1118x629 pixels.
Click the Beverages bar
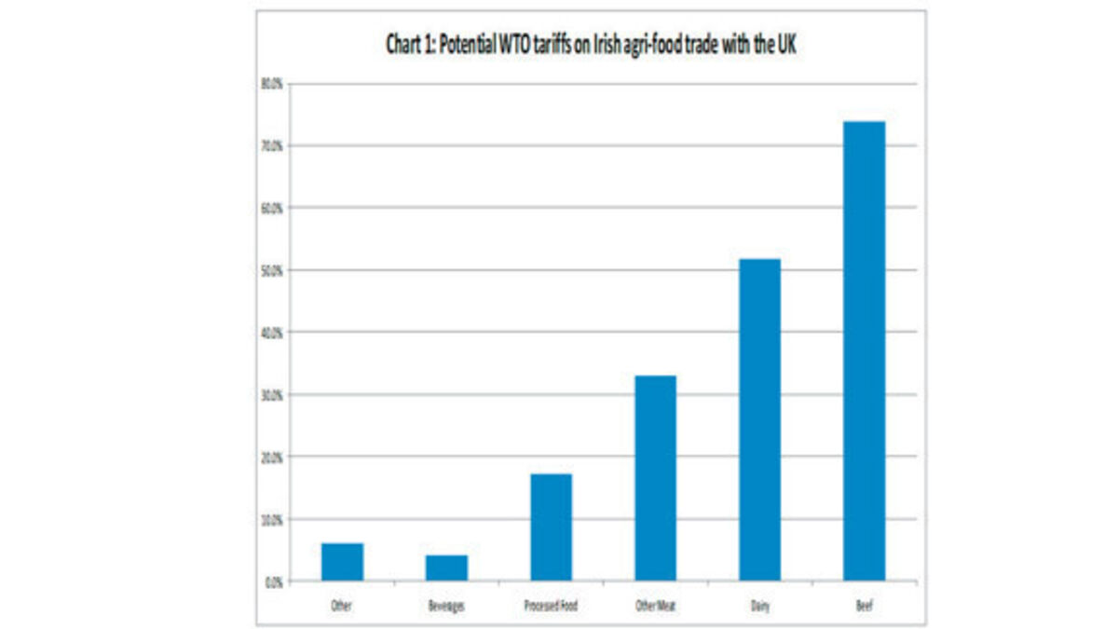pyautogui.click(x=446, y=567)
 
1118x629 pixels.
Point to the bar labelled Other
pyautogui.click(x=342, y=562)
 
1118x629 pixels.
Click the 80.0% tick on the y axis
pyautogui.click(x=271, y=84)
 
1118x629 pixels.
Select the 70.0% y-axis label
pyautogui.click(x=271, y=146)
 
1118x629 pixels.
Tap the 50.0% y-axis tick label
pyautogui.click(x=271, y=270)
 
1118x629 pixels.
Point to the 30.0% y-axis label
pyautogui.click(x=271, y=395)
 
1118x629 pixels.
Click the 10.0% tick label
pyautogui.click(x=271, y=519)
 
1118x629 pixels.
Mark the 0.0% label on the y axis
pyautogui.click(x=273, y=581)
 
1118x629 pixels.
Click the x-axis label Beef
pyautogui.click(x=864, y=606)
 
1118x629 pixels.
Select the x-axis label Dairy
pyautogui.click(x=759, y=606)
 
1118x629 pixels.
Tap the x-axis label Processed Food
pyautogui.click(x=551, y=606)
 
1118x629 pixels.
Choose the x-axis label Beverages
pyautogui.click(x=446, y=606)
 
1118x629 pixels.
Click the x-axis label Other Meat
pyautogui.click(x=655, y=606)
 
